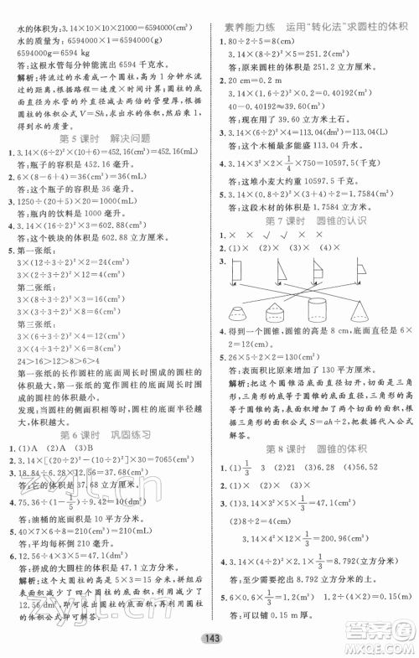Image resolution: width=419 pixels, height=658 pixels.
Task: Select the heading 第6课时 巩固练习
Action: point(104,459)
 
